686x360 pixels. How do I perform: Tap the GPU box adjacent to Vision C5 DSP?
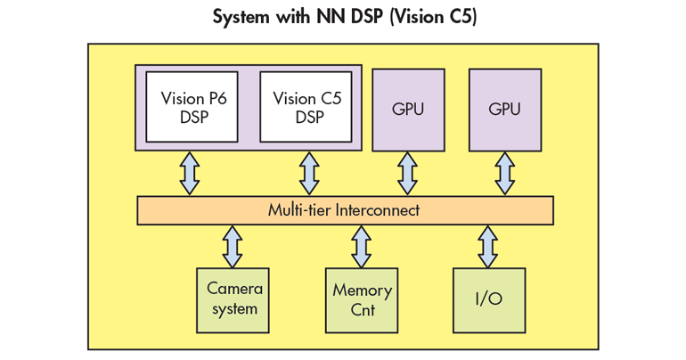pyautogui.click(x=407, y=109)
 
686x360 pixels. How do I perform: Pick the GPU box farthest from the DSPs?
pyautogui.click(x=504, y=109)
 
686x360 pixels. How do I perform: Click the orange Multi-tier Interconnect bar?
pyautogui.click(x=344, y=210)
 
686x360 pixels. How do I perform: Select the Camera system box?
pyautogui.click(x=232, y=299)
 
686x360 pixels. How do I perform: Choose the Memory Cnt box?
pyautogui.click(x=361, y=300)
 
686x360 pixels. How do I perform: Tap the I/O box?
pyautogui.click(x=488, y=299)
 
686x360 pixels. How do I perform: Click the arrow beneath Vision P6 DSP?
pyautogui.click(x=190, y=173)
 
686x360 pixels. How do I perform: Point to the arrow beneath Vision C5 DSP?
pyautogui.click(x=309, y=173)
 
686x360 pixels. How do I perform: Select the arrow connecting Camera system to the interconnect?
pyautogui.click(x=233, y=246)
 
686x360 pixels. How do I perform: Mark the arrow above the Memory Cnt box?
pyautogui.click(x=361, y=246)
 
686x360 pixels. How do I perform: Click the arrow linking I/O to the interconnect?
pyautogui.click(x=488, y=246)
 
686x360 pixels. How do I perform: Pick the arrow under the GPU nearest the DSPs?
pyautogui.click(x=407, y=173)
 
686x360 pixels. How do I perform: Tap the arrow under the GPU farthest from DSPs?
pyautogui.click(x=504, y=173)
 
